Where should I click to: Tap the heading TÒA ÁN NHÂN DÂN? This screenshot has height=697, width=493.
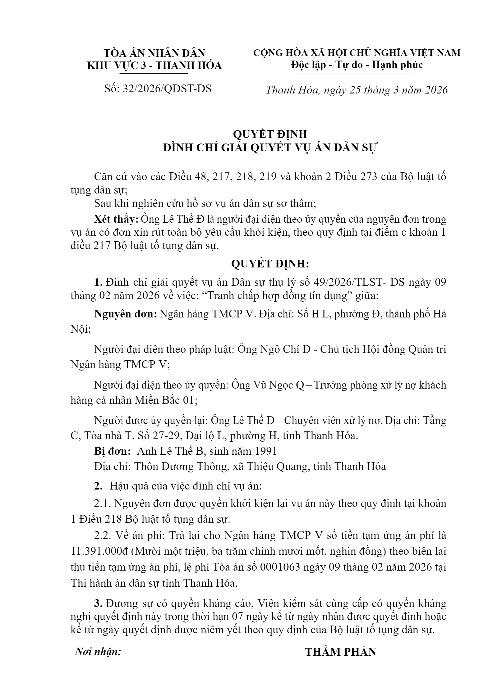154,53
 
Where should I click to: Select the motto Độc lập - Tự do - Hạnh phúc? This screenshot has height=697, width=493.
357,65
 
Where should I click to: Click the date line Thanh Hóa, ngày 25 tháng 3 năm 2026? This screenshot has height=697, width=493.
357,90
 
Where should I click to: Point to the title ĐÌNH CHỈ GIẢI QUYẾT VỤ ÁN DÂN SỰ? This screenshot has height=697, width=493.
270,148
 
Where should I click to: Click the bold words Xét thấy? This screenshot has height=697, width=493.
117,219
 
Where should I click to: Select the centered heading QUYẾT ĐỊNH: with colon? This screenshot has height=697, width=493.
270,264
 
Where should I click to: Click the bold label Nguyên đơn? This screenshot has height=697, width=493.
125,314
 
